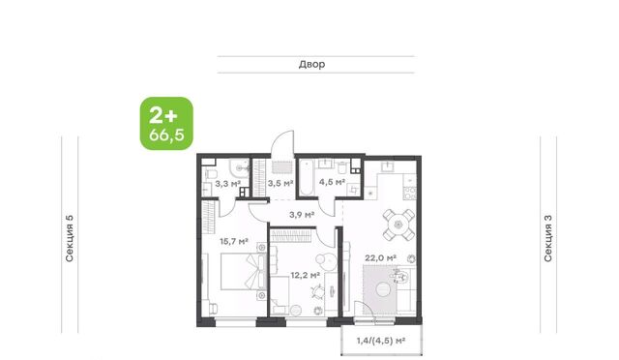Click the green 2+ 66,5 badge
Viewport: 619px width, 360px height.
[166, 123]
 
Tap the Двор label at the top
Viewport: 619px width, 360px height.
[311, 64]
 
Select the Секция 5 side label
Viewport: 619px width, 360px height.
[70, 239]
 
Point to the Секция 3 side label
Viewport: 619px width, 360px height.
[548, 239]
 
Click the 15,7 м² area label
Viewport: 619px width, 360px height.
[234, 241]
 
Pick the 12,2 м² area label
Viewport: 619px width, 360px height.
[306, 275]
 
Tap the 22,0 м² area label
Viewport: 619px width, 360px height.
[380, 258]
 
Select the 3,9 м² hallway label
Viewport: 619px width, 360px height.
[302, 215]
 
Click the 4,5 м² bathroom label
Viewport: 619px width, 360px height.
[332, 182]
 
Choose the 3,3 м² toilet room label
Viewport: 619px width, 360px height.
[228, 184]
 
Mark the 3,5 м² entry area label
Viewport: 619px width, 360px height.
[280, 183]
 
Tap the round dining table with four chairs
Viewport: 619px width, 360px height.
[398, 225]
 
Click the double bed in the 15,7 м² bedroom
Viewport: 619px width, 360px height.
[242, 272]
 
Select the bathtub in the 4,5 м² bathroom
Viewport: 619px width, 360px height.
[306, 177]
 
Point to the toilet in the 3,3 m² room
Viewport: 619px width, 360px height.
[210, 174]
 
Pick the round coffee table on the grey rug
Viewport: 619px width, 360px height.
[382, 290]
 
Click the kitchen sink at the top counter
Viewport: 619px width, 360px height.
[388, 166]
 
